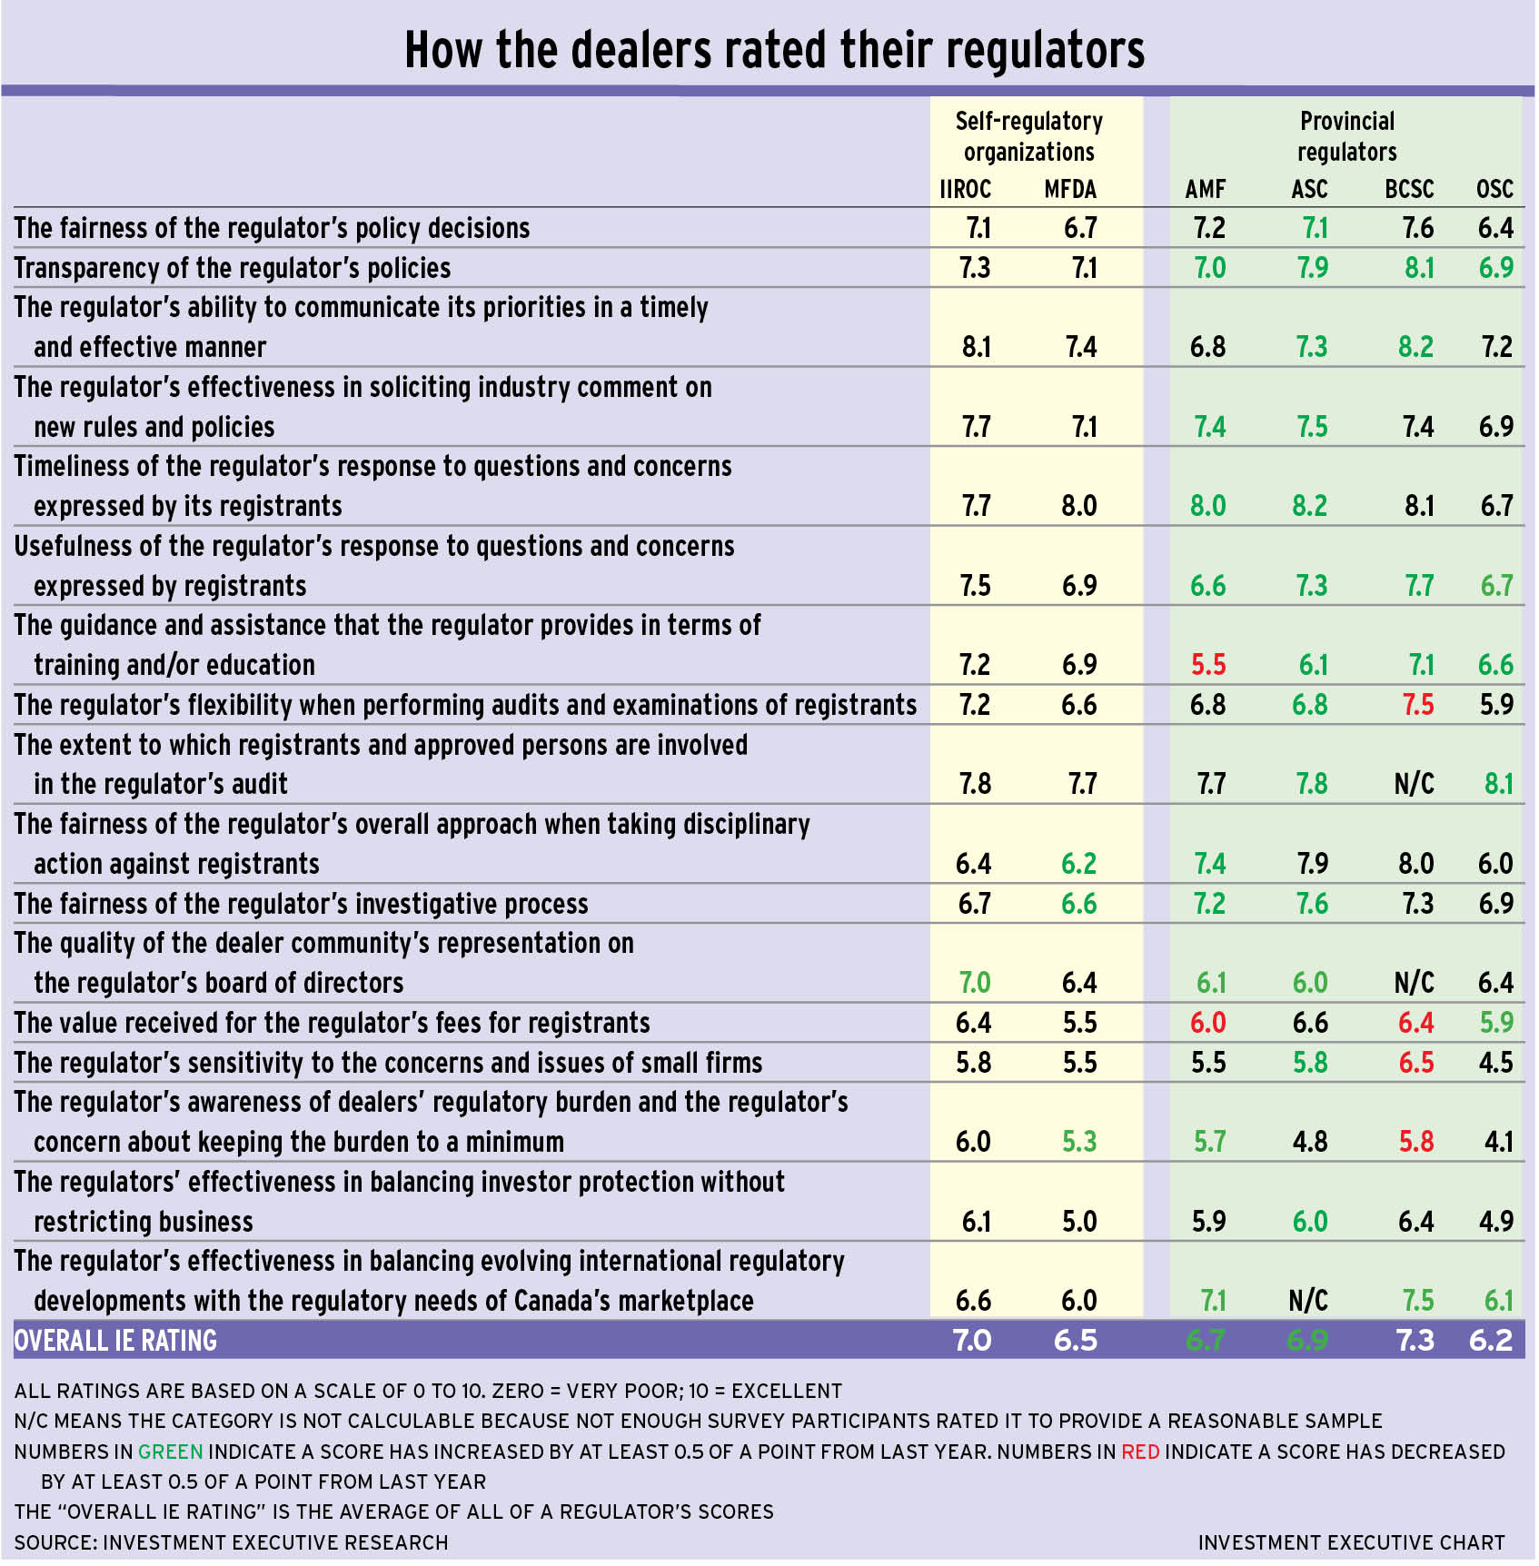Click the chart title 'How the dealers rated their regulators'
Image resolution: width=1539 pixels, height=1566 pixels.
(x=774, y=50)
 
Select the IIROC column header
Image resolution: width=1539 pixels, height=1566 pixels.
(x=965, y=189)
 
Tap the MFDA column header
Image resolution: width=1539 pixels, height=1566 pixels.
(x=1070, y=189)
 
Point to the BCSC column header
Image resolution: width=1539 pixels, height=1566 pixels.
(x=1409, y=189)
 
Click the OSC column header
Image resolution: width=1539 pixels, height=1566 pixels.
(x=1494, y=189)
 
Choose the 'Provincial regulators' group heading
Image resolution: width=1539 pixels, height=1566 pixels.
(x=1346, y=136)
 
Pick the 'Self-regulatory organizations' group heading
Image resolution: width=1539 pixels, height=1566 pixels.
(x=1028, y=136)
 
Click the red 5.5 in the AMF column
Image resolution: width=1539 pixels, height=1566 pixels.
(x=1208, y=665)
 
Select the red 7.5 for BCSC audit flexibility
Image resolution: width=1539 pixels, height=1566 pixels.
(x=1417, y=705)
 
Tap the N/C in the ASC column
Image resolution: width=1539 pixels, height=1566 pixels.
(x=1308, y=1301)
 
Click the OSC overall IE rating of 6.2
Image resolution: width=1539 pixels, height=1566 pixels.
(x=1491, y=1341)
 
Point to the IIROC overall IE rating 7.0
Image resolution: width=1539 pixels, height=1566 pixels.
(x=972, y=1341)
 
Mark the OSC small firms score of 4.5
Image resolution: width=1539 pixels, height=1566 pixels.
(x=1495, y=1063)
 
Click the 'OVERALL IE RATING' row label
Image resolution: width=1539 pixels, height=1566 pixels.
(x=116, y=1341)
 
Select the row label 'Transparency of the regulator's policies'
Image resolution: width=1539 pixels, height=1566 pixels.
(x=233, y=268)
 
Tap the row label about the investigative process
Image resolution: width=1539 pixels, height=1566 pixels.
(x=302, y=904)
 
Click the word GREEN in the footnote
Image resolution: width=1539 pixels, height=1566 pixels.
(x=171, y=1452)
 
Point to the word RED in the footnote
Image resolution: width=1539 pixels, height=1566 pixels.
(x=1140, y=1452)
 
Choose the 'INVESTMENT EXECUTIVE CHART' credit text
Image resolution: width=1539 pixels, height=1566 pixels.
(x=1351, y=1542)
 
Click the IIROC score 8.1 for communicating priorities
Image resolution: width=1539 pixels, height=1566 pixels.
(x=977, y=347)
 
